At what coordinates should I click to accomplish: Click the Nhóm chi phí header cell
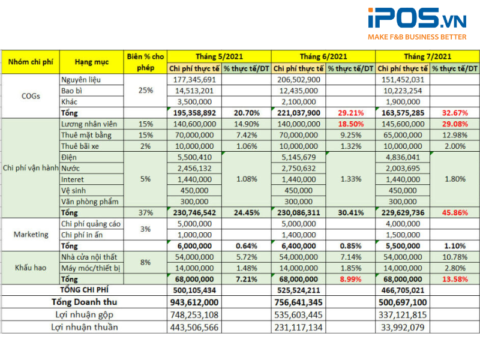[29, 62]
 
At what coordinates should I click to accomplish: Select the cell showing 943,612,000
[194, 302]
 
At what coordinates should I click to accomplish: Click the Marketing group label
[31, 234]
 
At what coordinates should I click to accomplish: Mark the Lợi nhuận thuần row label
[85, 327]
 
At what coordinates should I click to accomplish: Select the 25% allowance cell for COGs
[145, 91]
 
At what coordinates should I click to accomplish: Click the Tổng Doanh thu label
[85, 302]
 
